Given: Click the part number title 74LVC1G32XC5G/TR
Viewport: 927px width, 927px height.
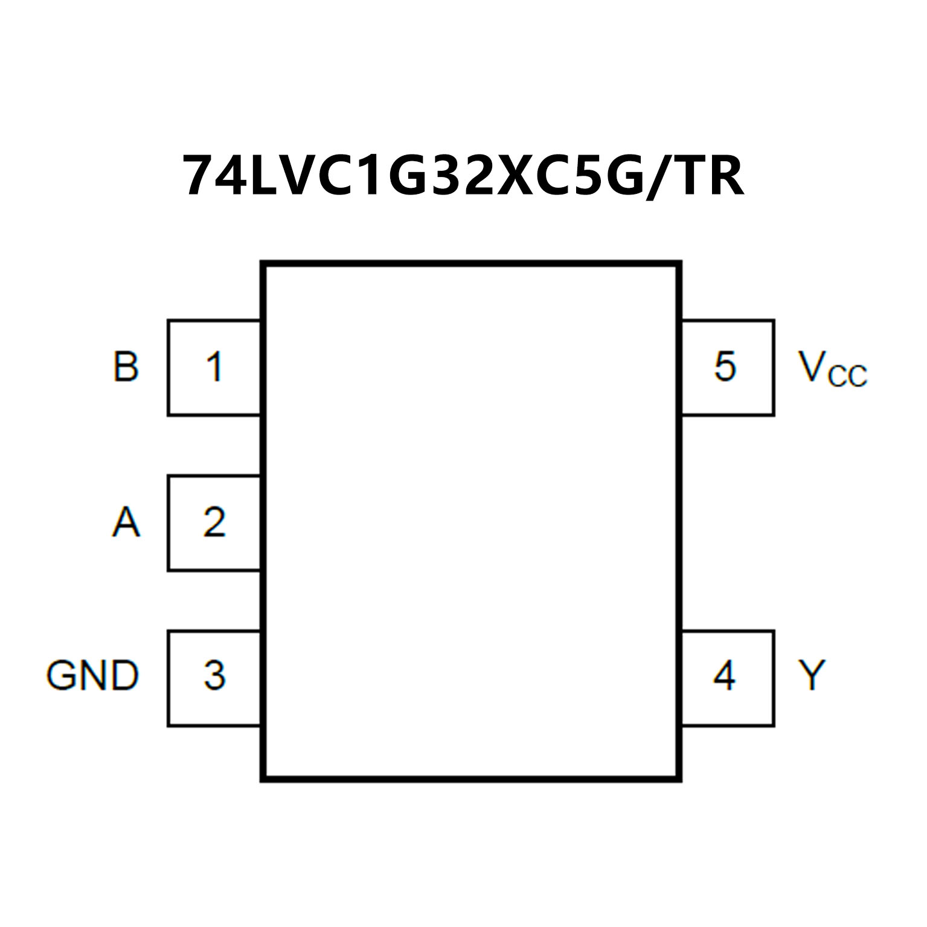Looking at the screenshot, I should [x=463, y=176].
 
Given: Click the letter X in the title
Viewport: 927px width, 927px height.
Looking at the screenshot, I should [x=521, y=176].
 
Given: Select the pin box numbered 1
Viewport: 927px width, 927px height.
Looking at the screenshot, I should [x=214, y=367].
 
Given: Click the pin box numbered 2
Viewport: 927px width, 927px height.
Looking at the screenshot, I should [x=214, y=522].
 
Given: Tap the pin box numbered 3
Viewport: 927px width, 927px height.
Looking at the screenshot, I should [x=214, y=678].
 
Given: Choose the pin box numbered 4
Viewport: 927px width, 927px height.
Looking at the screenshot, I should [x=727, y=678].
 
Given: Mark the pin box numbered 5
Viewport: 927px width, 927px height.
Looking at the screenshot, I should [x=727, y=367].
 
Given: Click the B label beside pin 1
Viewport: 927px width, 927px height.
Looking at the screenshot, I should [x=126, y=366].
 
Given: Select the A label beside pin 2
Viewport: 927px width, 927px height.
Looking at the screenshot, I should [x=126, y=522].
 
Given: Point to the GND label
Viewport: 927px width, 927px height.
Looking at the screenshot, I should [x=92, y=675].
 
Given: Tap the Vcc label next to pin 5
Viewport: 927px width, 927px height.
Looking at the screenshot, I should [x=832, y=368].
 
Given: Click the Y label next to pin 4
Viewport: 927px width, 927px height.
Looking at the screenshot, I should [x=812, y=675].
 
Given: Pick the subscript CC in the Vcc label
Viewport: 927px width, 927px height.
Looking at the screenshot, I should [x=847, y=376].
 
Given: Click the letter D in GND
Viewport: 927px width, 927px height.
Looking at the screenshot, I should [x=124, y=675].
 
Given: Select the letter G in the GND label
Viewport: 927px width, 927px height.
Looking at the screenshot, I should [x=61, y=675].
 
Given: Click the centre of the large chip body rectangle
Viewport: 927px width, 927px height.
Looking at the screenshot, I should [x=471, y=522].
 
